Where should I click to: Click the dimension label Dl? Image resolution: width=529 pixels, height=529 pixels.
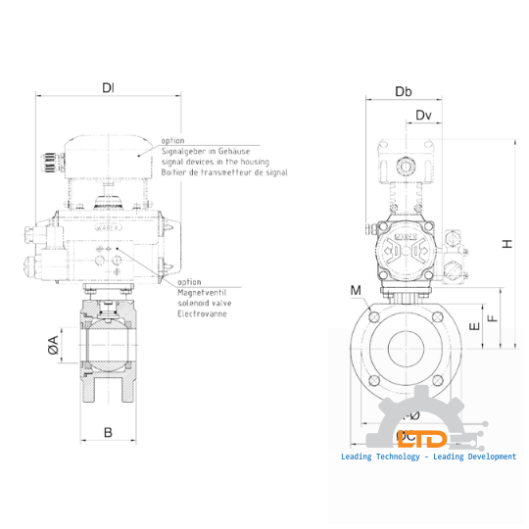(x=108, y=87)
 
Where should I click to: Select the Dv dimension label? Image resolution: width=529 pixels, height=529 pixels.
(x=423, y=117)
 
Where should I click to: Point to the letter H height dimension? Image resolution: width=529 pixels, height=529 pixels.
(x=506, y=244)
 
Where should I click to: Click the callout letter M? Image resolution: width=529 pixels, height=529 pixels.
(x=356, y=291)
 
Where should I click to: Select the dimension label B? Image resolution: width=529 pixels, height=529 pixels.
(x=108, y=431)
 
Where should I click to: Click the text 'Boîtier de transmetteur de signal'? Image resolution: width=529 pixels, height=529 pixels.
(x=225, y=171)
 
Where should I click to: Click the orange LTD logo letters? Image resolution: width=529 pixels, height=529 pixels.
(x=427, y=441)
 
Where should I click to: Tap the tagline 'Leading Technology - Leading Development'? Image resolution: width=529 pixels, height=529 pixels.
(x=427, y=457)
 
